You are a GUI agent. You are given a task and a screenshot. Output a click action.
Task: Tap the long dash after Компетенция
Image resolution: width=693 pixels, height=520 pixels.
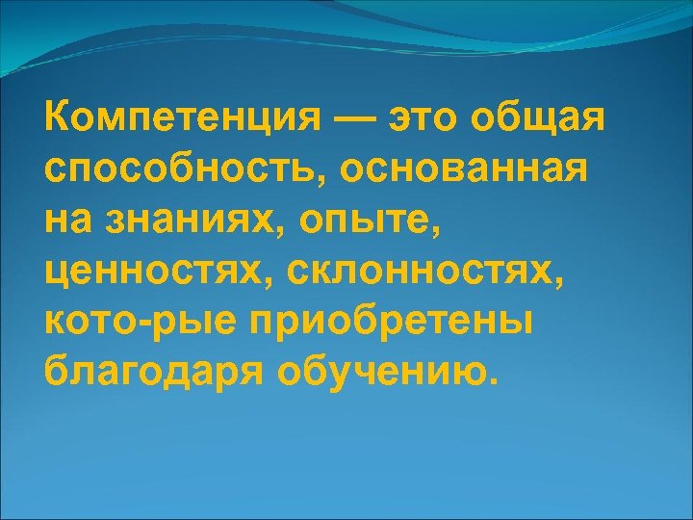tap(356, 121)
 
